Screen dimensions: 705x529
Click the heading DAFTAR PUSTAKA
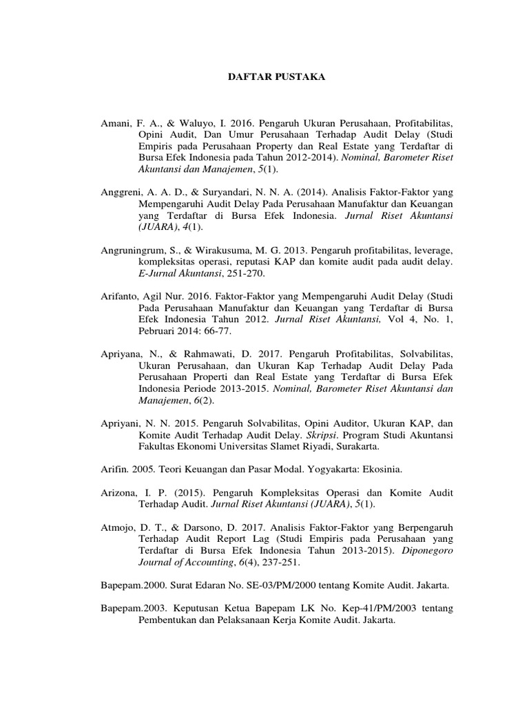tap(276, 78)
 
